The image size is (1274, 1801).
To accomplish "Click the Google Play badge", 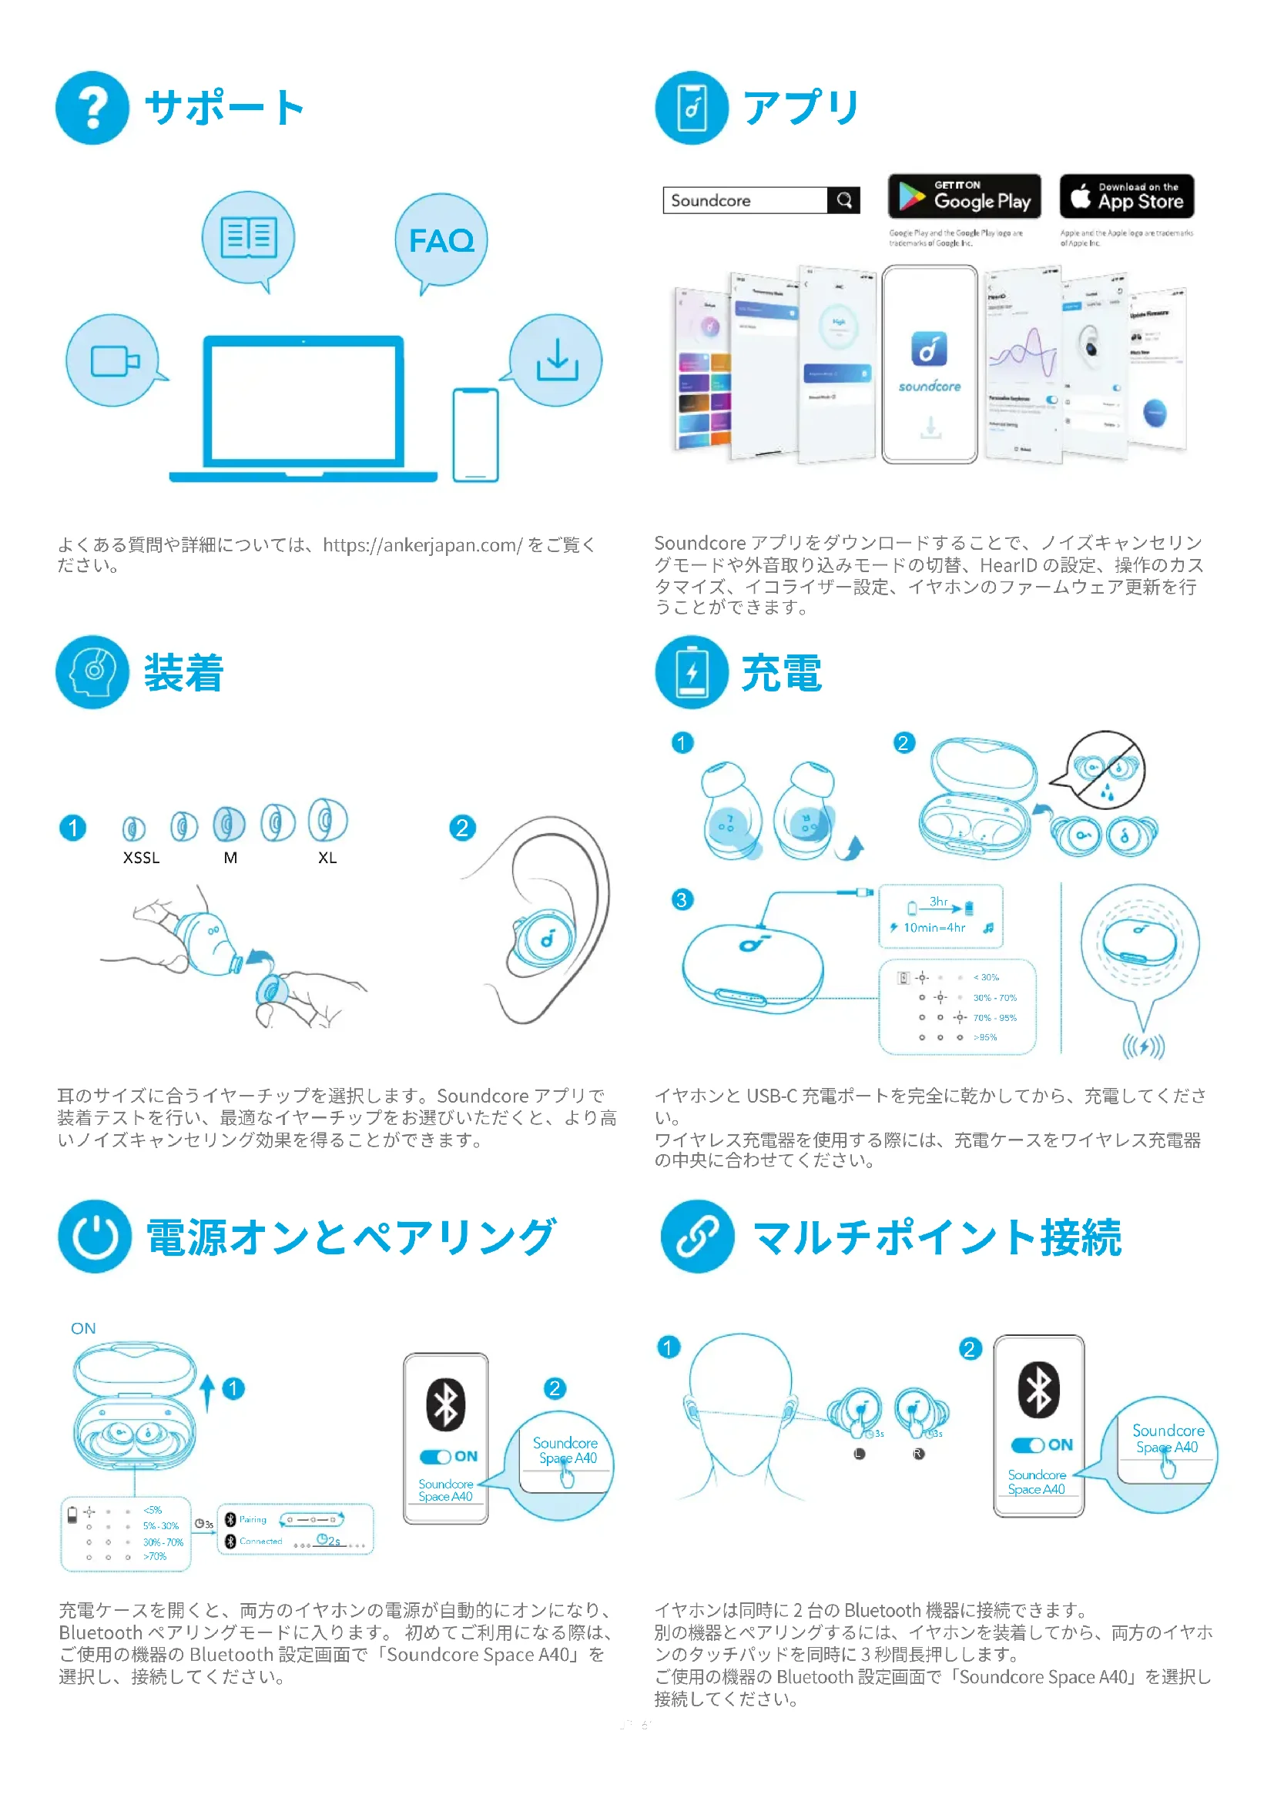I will (964, 196).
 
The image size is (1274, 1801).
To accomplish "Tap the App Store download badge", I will (1127, 196).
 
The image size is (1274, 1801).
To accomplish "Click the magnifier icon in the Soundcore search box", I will (844, 200).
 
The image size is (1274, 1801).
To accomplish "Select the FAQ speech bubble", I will (441, 241).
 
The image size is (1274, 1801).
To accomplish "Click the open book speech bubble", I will (249, 238).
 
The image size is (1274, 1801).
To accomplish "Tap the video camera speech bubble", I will (114, 361).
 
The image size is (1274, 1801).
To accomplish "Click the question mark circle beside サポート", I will (92, 109).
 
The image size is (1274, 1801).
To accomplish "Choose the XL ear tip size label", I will (327, 858).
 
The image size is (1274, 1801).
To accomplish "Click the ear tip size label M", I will (230, 858).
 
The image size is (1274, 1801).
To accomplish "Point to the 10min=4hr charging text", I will (934, 928).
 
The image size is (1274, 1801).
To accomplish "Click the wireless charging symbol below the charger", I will (1143, 1046).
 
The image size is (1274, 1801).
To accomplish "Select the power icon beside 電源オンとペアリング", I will (95, 1237).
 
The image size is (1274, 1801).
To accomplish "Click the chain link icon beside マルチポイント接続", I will (697, 1237).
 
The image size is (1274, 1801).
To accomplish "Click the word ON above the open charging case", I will (83, 1329).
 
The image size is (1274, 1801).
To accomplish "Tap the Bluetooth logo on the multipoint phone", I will (1038, 1390).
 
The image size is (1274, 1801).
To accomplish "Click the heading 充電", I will (781, 673).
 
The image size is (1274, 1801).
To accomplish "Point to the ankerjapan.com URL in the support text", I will (422, 545).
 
